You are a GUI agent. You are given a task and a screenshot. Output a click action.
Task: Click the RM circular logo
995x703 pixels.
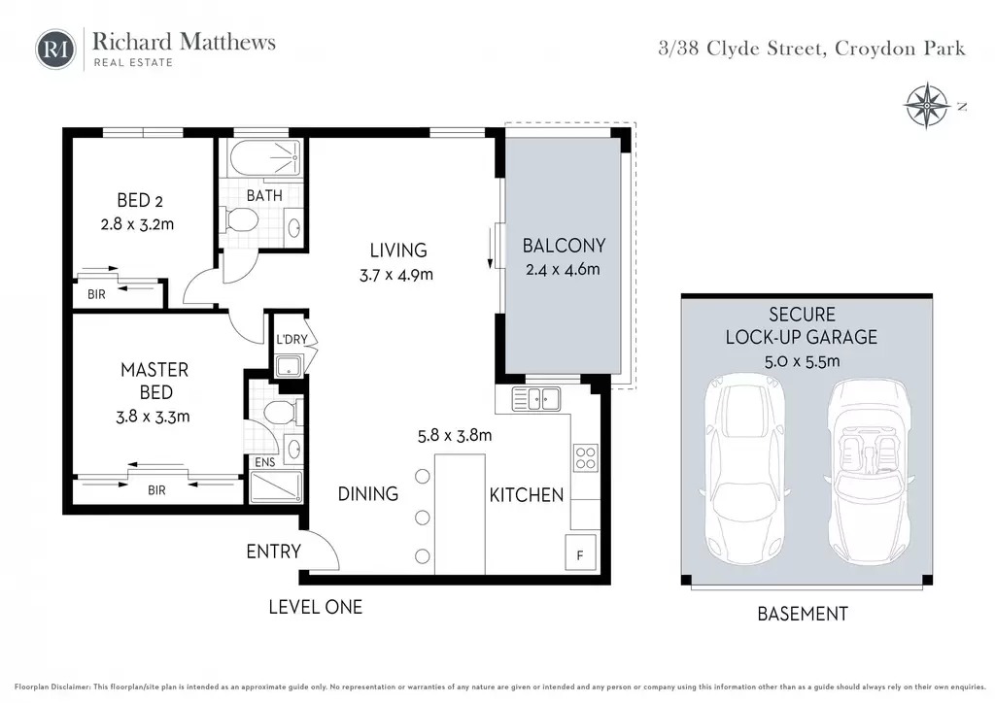[55, 50]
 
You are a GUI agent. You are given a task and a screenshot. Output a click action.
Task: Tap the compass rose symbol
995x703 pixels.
[927, 105]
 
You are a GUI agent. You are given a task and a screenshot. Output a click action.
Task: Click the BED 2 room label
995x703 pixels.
[140, 200]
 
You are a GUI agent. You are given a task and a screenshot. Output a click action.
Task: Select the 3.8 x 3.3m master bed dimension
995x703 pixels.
[153, 417]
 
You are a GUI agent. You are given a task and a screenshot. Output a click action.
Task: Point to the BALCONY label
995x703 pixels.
[564, 246]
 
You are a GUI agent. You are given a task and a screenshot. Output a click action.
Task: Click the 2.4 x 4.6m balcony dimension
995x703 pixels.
[563, 269]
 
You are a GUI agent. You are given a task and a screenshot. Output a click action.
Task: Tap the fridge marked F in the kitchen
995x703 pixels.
[580, 552]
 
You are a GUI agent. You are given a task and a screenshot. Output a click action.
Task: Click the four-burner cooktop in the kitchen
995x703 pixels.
[585, 458]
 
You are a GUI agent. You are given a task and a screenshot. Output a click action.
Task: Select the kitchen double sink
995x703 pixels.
[535, 399]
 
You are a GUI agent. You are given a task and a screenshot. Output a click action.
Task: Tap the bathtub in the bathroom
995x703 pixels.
[264, 157]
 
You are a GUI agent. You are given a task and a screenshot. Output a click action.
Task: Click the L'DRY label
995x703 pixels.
[292, 339]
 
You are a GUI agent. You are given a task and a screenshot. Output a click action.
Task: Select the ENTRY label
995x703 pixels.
[273, 552]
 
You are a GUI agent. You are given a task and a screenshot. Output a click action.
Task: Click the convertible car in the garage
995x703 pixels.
[869, 474]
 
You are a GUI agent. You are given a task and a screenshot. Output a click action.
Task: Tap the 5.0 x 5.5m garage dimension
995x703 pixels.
[802, 361]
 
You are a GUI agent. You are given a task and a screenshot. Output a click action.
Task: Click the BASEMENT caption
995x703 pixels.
[803, 614]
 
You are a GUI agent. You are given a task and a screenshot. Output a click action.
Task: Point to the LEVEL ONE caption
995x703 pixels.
[316, 607]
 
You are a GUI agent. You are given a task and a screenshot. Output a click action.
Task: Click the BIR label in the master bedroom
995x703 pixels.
[156, 490]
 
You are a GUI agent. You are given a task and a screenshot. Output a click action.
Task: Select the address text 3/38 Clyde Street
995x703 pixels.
[742, 49]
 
